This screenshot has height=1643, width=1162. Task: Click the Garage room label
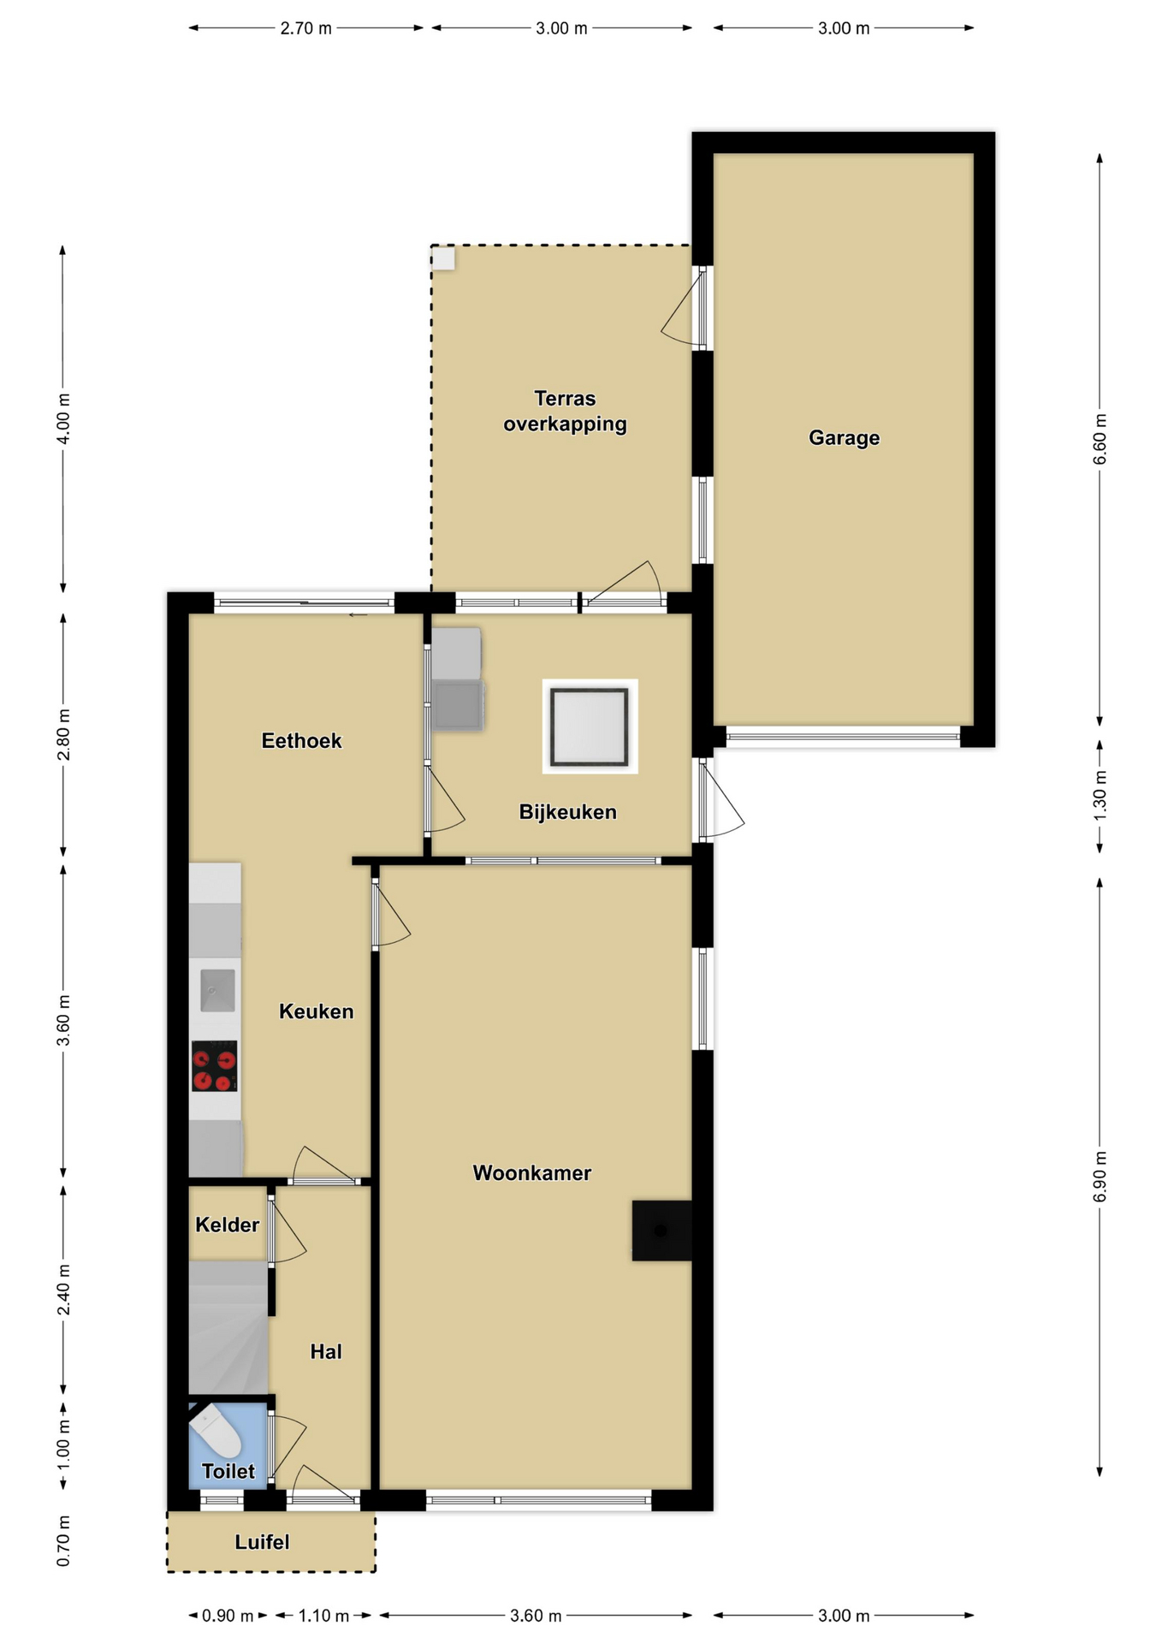(844, 438)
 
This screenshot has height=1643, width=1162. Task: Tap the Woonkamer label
(531, 1172)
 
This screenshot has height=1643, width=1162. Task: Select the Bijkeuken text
(567, 812)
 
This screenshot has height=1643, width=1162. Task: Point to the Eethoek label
(301, 741)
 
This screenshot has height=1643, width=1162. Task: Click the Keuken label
(316, 1011)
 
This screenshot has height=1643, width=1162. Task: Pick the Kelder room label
(227, 1225)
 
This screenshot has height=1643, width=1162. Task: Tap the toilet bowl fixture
(216, 1433)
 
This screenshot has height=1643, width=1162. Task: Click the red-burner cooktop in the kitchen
(214, 1065)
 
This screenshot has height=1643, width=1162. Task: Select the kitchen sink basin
(217, 990)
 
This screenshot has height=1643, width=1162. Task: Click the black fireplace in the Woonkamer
(661, 1230)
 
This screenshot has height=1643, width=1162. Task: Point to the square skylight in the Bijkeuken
(590, 726)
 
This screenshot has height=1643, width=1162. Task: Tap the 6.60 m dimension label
(1100, 439)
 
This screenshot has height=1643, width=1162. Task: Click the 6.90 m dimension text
(1100, 1177)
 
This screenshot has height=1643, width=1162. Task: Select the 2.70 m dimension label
(305, 28)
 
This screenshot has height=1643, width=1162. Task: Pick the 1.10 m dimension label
(323, 1616)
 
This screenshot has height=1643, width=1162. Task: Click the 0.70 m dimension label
(63, 1541)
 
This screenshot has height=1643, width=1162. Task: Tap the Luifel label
(262, 1542)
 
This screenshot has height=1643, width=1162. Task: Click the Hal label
(326, 1351)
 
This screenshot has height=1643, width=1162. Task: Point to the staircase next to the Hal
(228, 1327)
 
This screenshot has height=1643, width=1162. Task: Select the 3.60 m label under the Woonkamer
(536, 1616)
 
